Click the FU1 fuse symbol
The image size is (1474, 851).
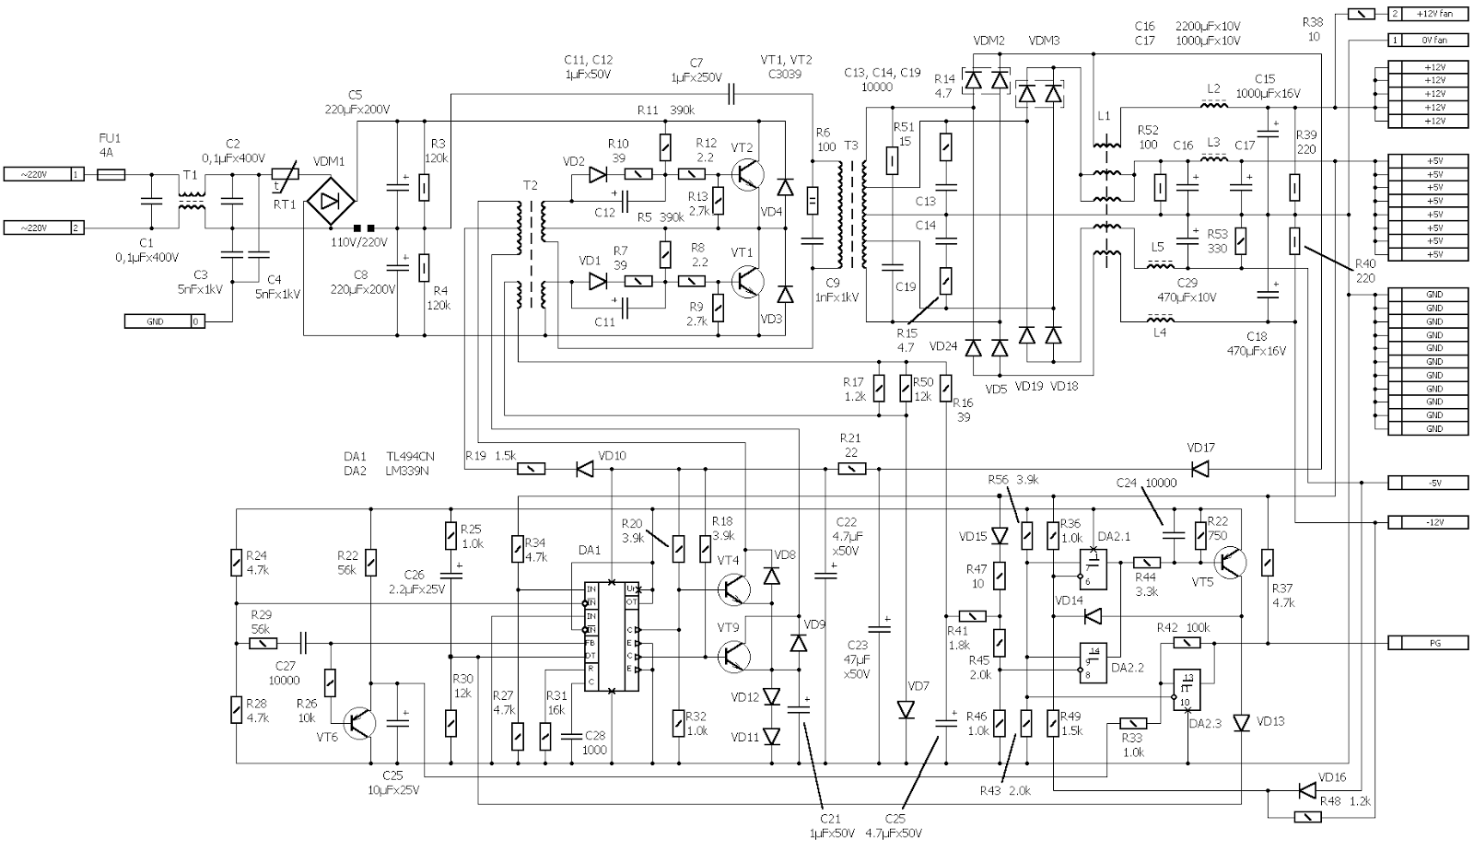(111, 173)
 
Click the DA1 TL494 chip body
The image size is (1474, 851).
(612, 636)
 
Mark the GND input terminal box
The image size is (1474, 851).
(165, 321)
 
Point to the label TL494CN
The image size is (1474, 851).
(410, 456)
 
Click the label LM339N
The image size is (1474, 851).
(407, 471)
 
